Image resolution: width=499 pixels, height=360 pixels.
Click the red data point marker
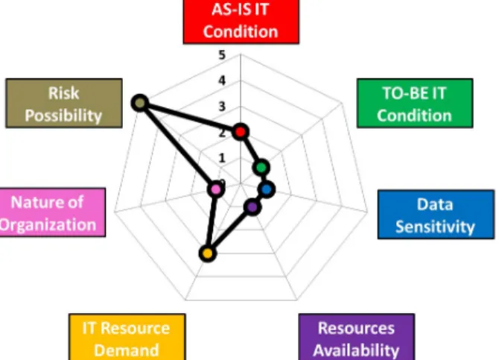pyautogui.click(x=241, y=132)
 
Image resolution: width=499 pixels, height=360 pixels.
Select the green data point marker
pyautogui.click(x=261, y=168)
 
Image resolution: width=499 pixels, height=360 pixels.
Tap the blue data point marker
pyautogui.click(x=267, y=189)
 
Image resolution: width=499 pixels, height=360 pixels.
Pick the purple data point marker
pyautogui.click(x=252, y=207)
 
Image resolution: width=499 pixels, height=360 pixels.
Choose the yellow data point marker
pyautogui.click(x=208, y=253)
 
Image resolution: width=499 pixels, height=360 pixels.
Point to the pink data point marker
pyautogui.click(x=216, y=189)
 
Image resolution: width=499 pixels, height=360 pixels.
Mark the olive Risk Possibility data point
pyautogui.click(x=140, y=103)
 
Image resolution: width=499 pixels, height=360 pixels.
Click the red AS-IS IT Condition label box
pyautogui.click(x=241, y=21)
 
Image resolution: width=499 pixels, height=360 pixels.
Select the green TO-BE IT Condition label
pyautogui.click(x=415, y=103)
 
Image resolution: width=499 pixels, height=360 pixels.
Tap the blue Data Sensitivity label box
pyautogui.click(x=436, y=215)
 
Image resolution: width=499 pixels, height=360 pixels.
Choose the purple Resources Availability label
pyautogui.click(x=357, y=337)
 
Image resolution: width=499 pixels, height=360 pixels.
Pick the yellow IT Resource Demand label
pyautogui.click(x=127, y=337)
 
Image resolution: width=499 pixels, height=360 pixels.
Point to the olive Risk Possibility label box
pyautogui.click(x=64, y=103)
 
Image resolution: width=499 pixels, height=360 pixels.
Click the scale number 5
pyautogui.click(x=222, y=55)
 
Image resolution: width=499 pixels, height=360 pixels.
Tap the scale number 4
pyautogui.click(x=222, y=80)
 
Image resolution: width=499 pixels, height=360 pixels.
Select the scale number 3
pyautogui.click(x=222, y=107)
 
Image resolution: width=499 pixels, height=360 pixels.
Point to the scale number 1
pyautogui.click(x=222, y=158)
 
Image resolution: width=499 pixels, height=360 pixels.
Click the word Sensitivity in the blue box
pyautogui.click(x=435, y=227)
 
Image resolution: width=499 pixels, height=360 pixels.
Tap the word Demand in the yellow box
pyautogui.click(x=127, y=350)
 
